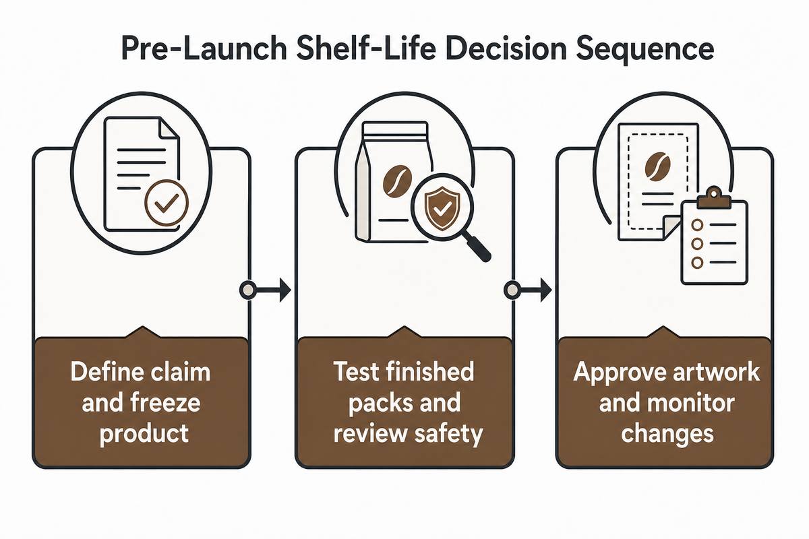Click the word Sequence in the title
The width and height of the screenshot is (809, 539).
click(x=645, y=50)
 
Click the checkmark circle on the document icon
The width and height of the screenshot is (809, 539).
click(x=166, y=203)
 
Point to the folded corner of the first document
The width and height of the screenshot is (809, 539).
click(x=169, y=128)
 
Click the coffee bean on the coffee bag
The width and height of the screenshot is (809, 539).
click(x=397, y=181)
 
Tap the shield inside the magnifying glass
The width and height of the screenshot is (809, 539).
click(x=442, y=208)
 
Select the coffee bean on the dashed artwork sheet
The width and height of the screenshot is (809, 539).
click(x=657, y=166)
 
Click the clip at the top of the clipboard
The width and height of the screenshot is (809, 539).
click(x=714, y=197)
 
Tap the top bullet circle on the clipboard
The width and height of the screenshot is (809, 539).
click(x=697, y=224)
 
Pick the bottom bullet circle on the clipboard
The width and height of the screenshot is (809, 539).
click(x=697, y=262)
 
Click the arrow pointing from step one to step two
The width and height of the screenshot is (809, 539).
click(x=265, y=289)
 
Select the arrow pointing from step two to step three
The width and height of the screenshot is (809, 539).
click(x=528, y=289)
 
